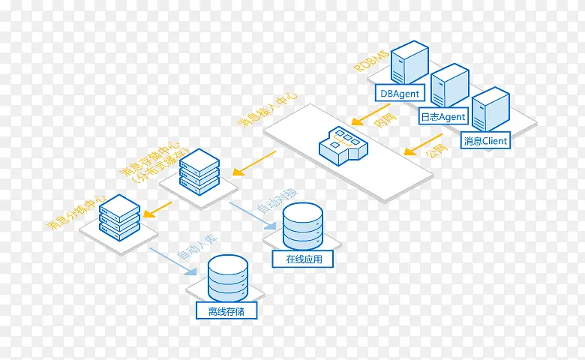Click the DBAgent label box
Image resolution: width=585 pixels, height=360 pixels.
pyautogui.click(x=400, y=94)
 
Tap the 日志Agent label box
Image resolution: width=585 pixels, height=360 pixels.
pyautogui.click(x=442, y=117)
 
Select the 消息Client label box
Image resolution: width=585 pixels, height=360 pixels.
pyautogui.click(x=485, y=140)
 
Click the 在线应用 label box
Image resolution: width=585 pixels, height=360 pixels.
pyautogui.click(x=304, y=259)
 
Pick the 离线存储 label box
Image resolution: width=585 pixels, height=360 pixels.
pyautogui.click(x=226, y=310)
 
